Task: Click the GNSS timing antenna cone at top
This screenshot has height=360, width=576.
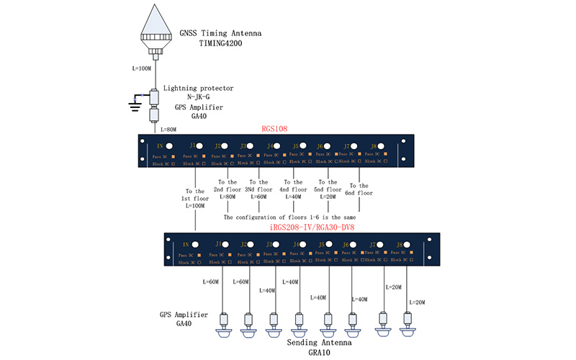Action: click(x=156, y=24)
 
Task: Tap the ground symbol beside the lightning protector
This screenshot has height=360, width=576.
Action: click(x=134, y=105)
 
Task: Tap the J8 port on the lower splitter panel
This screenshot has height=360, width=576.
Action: click(x=409, y=245)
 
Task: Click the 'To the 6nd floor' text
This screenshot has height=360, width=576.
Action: click(x=359, y=189)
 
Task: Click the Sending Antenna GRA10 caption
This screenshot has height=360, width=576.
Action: click(x=320, y=348)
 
